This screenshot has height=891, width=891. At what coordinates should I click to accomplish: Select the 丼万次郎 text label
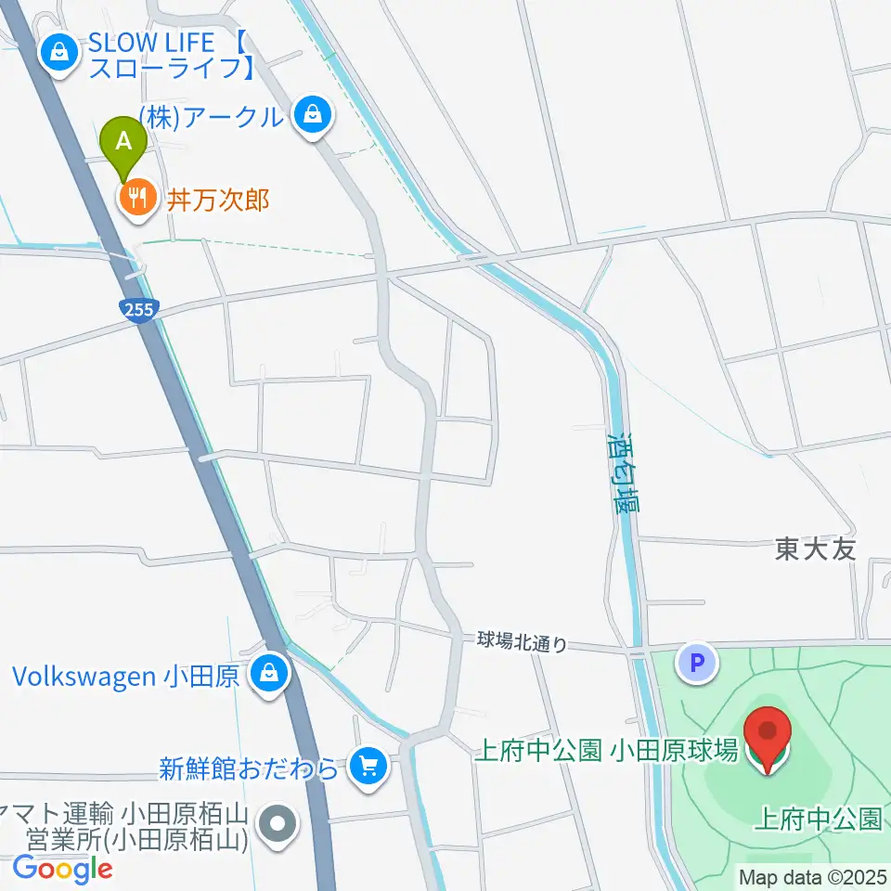(x=218, y=199)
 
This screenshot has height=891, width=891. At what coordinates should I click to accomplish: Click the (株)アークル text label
(x=210, y=117)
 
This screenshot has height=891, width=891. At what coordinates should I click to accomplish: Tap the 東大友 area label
(x=815, y=549)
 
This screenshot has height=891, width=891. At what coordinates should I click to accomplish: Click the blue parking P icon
(x=697, y=663)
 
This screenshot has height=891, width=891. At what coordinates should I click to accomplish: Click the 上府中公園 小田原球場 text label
(x=605, y=750)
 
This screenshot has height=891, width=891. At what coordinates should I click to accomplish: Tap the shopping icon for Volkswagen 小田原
(x=268, y=673)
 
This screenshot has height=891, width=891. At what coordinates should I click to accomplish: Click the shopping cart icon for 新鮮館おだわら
(x=368, y=767)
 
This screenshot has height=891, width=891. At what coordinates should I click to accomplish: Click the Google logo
(x=63, y=869)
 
